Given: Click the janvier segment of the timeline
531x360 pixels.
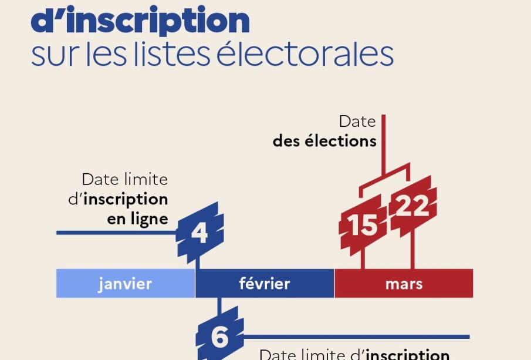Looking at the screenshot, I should (126, 284).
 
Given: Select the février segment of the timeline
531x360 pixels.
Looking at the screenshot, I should (265, 284).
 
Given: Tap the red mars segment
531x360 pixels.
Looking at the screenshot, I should (404, 284).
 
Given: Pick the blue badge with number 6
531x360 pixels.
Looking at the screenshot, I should (219, 337).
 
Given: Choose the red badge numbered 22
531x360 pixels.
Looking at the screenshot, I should (413, 206).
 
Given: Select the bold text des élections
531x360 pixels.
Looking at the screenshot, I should (324, 142).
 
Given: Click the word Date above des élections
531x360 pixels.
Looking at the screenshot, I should (357, 122).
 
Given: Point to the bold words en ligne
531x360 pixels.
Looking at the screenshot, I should (137, 219).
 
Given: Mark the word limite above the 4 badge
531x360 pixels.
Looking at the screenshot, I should (146, 179).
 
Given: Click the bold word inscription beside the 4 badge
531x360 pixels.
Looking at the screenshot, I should (126, 199).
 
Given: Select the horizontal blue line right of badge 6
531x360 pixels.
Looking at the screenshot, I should (352, 337).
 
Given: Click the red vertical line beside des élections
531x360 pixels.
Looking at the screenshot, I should (383, 141).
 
